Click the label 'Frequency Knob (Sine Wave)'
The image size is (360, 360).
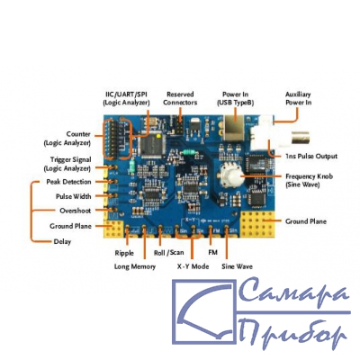point(309,180)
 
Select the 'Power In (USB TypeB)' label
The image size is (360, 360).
point(236,98)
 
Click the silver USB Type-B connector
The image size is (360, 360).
point(234,129)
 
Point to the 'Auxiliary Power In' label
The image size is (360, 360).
point(298,98)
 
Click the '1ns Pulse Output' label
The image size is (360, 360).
point(311,156)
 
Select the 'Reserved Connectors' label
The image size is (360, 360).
point(180,98)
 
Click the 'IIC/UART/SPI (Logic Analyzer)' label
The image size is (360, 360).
point(126,98)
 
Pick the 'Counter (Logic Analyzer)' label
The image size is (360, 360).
point(67,139)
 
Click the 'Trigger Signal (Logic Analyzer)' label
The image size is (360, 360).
point(67,164)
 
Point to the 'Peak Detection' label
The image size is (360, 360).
point(68,182)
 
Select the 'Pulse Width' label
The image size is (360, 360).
point(74,196)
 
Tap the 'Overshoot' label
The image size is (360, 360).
point(76,211)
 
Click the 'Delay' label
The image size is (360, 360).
point(62,241)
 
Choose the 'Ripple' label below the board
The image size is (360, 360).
point(124,253)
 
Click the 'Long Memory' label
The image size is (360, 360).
point(135,266)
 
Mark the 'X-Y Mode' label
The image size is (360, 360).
point(193,266)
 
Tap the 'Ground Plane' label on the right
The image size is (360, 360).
point(306,221)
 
